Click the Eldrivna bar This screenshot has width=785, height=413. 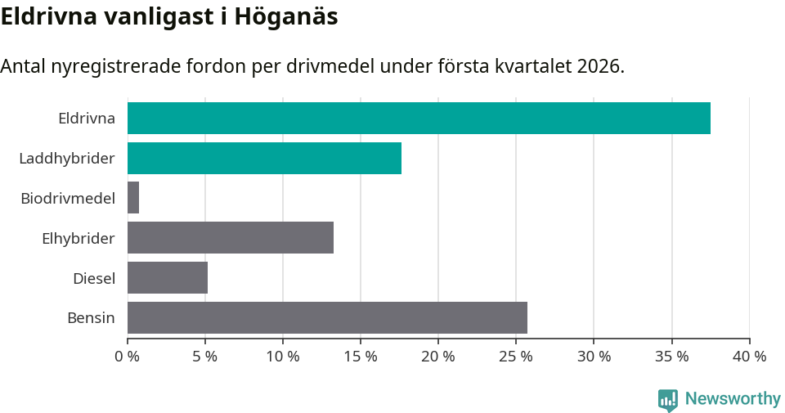tap(419, 118)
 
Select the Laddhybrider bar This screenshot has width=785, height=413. tap(264, 158)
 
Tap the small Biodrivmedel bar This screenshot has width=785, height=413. tap(133, 198)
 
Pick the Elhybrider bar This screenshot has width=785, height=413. tap(231, 238)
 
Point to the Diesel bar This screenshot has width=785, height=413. tap(168, 278)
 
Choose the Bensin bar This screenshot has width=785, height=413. tap(327, 317)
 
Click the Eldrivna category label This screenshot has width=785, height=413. tap(87, 118)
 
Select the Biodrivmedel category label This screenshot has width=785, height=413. tap(68, 198)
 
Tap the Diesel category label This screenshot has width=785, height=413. tap(94, 278)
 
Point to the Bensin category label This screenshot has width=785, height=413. tap(91, 317)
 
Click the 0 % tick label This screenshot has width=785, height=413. tap(128, 357)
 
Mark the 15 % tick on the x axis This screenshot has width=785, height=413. tap(361, 357)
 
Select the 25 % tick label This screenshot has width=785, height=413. tap(516, 357)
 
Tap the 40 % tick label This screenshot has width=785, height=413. tap(749, 357)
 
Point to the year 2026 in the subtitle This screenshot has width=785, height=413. tap(599, 66)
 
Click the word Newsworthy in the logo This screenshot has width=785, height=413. tap(733, 399)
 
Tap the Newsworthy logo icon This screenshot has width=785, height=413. tap(668, 399)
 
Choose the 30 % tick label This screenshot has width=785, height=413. tap(594, 357)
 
